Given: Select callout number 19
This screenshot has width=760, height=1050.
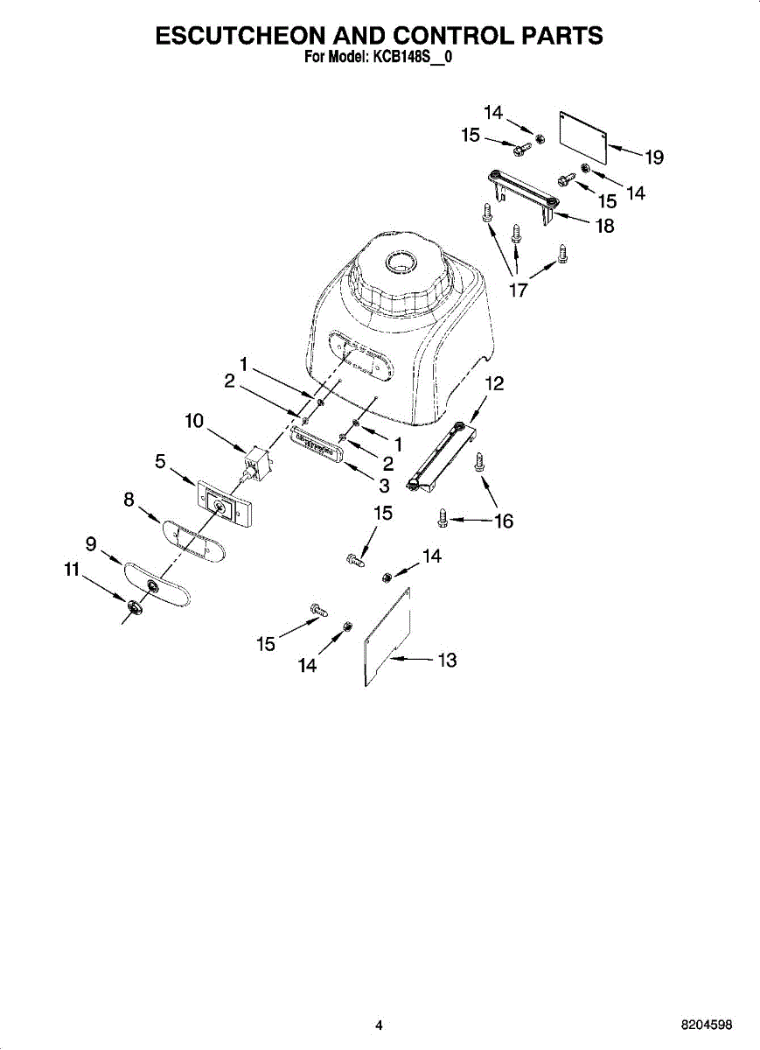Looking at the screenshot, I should [x=654, y=157].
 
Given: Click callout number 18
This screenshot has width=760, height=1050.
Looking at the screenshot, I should [x=604, y=226].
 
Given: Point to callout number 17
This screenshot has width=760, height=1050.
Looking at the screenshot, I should [x=519, y=290].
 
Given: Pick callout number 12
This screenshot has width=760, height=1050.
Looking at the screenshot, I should [x=494, y=383].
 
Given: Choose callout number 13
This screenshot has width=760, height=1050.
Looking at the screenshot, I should [x=447, y=660].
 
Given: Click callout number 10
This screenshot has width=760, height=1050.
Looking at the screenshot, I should [x=194, y=421].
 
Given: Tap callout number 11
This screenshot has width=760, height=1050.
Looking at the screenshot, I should [x=71, y=570].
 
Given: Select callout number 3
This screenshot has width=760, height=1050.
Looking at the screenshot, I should [x=384, y=486].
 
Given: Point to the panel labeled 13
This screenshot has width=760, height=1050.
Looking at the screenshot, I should [x=388, y=635].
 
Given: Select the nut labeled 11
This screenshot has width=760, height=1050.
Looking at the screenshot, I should [x=134, y=606].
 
